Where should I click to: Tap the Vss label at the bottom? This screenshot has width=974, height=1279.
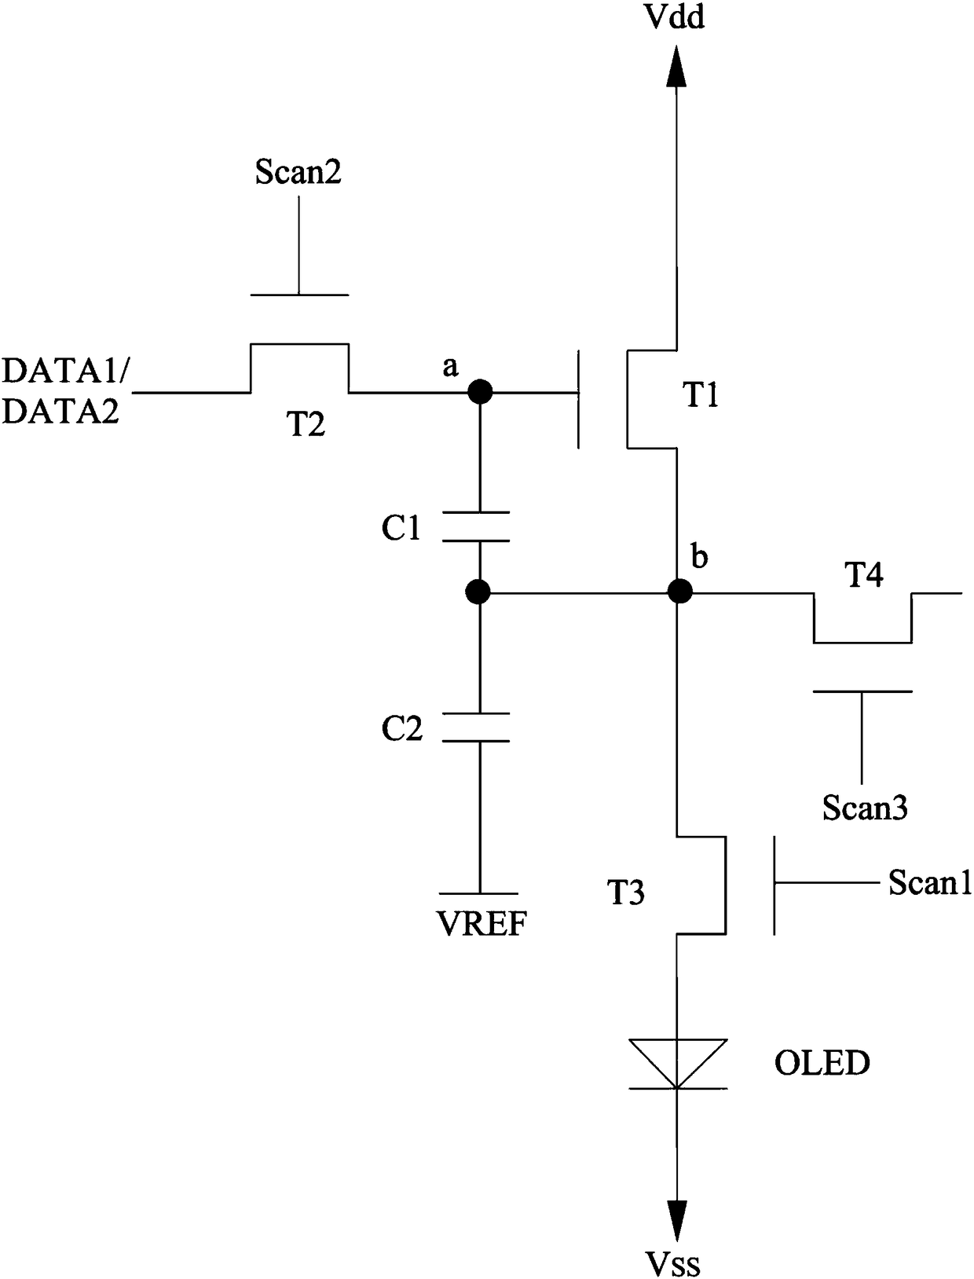tap(673, 1264)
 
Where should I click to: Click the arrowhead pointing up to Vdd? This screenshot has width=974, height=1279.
tap(676, 66)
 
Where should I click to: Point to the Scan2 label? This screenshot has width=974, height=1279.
tap(298, 172)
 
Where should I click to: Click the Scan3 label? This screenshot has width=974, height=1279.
tap(865, 808)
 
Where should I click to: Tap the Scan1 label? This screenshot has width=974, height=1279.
tap(930, 882)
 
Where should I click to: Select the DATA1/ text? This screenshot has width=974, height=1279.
tap(67, 371)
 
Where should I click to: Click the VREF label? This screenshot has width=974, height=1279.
tap(482, 924)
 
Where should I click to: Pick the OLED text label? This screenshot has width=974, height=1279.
tap(822, 1063)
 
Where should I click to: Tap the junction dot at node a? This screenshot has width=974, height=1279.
tap(480, 392)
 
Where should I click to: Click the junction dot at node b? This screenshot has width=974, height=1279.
tap(679, 592)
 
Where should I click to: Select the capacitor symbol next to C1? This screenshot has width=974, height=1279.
tap(476, 526)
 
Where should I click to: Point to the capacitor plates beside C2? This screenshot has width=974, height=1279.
tap(476, 727)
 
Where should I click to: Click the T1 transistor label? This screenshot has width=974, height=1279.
tap(700, 395)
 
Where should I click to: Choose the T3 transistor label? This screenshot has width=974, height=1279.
tap(626, 892)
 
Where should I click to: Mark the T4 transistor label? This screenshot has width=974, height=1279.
tap(864, 575)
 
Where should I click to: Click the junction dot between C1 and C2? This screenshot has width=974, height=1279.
tap(478, 592)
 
